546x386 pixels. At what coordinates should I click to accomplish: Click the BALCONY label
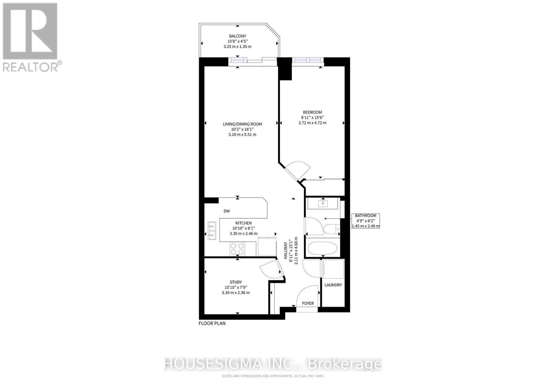[238, 36]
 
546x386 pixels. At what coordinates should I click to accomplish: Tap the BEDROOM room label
[312, 112]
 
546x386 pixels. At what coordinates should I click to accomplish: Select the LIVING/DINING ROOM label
[242, 124]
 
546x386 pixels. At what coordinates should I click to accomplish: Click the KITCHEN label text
[243, 223]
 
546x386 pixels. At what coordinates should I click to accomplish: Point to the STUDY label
[236, 282]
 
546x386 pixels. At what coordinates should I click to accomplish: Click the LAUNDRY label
[333, 285]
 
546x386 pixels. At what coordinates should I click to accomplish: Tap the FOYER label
[308, 303]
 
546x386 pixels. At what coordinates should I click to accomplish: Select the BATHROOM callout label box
[365, 221]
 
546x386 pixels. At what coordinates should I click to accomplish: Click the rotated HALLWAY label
[285, 250]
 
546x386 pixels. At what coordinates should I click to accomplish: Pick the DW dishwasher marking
[227, 211]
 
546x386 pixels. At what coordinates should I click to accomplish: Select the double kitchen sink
[212, 231]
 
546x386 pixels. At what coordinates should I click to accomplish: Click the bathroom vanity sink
[323, 203]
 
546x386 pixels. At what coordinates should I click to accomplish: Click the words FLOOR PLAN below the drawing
[212, 323]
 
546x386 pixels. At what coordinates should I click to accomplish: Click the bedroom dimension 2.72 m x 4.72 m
[312, 123]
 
